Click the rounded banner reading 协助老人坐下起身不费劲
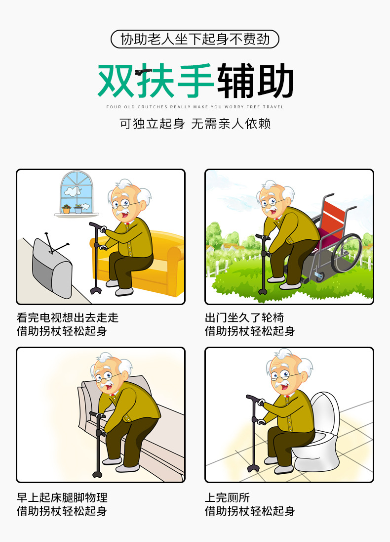[x=195, y=39]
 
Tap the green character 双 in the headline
[x=116, y=81]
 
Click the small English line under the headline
[x=195, y=107]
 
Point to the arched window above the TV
[x=77, y=192]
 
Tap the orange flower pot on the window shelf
[x=66, y=209]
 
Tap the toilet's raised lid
[x=324, y=413]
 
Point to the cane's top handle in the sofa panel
[x=98, y=226]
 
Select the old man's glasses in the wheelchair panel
[x=273, y=202]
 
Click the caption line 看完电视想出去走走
[x=68, y=317]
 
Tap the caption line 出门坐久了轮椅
[x=244, y=317]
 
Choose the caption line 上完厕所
[x=227, y=497]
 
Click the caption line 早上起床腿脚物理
[x=62, y=497]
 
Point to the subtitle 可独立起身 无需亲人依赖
[x=195, y=124]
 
